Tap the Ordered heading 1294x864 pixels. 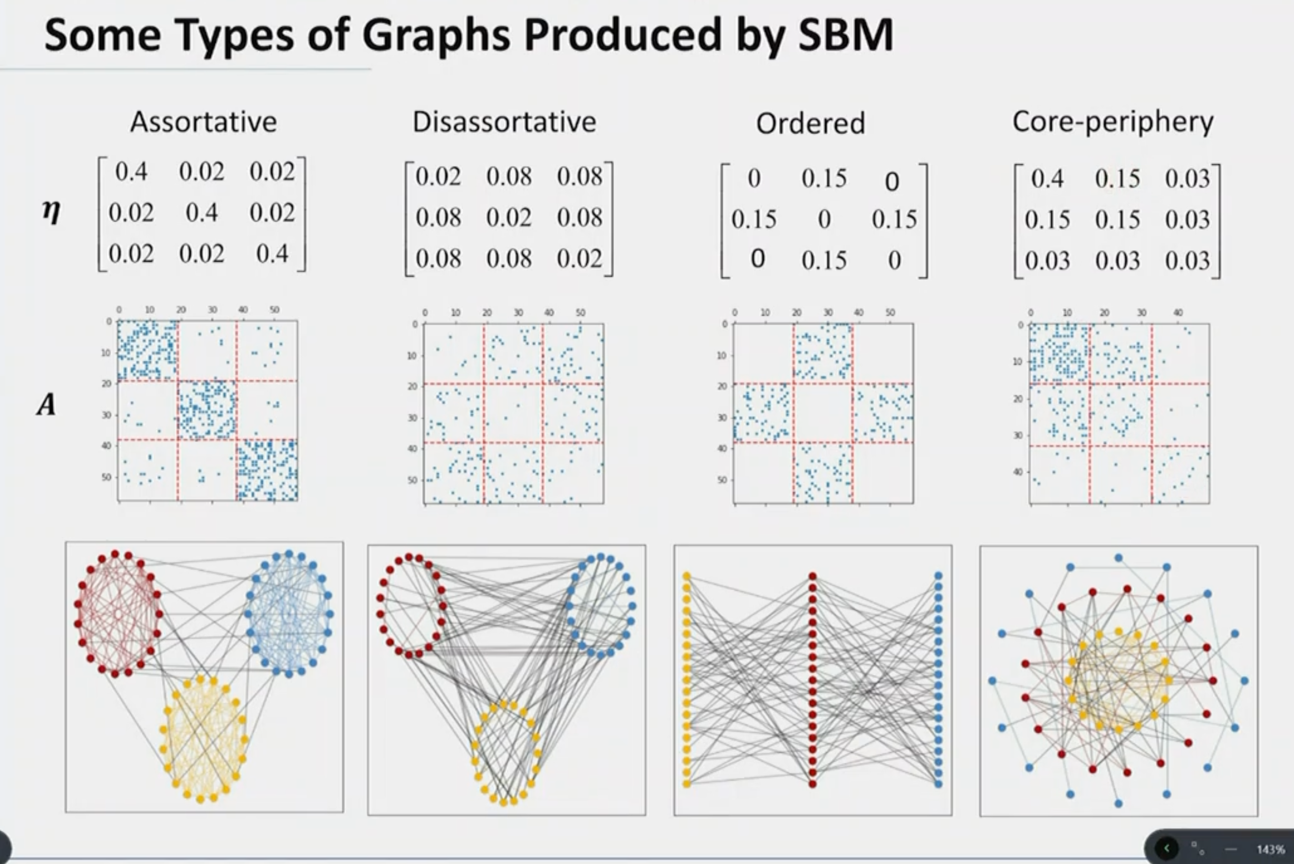(810, 123)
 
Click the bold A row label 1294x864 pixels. (46, 406)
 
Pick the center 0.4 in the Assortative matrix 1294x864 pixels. (202, 212)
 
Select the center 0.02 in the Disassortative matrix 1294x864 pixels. (508, 217)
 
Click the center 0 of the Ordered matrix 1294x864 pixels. (824, 220)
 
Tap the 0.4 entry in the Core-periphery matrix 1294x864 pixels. (1047, 179)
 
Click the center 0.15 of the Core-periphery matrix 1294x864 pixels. (1117, 220)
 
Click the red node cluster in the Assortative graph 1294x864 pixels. (117, 613)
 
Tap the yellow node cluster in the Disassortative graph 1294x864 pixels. (505, 752)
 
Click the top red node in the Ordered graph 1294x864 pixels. (812, 576)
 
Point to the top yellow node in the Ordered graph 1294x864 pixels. (687, 576)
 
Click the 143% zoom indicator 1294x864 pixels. (1270, 849)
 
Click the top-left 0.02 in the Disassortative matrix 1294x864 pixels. (438, 176)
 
